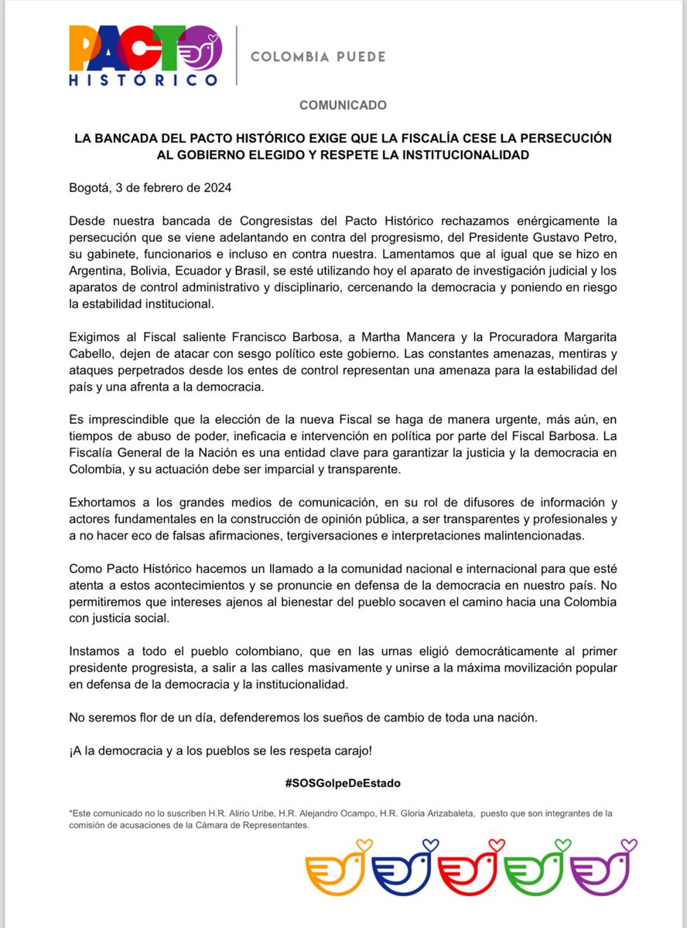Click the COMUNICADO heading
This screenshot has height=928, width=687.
tap(343, 104)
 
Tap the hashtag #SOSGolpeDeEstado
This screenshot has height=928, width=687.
tap(343, 783)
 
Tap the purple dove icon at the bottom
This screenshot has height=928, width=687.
tap(602, 868)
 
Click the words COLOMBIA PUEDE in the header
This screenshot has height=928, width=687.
tap(318, 56)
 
